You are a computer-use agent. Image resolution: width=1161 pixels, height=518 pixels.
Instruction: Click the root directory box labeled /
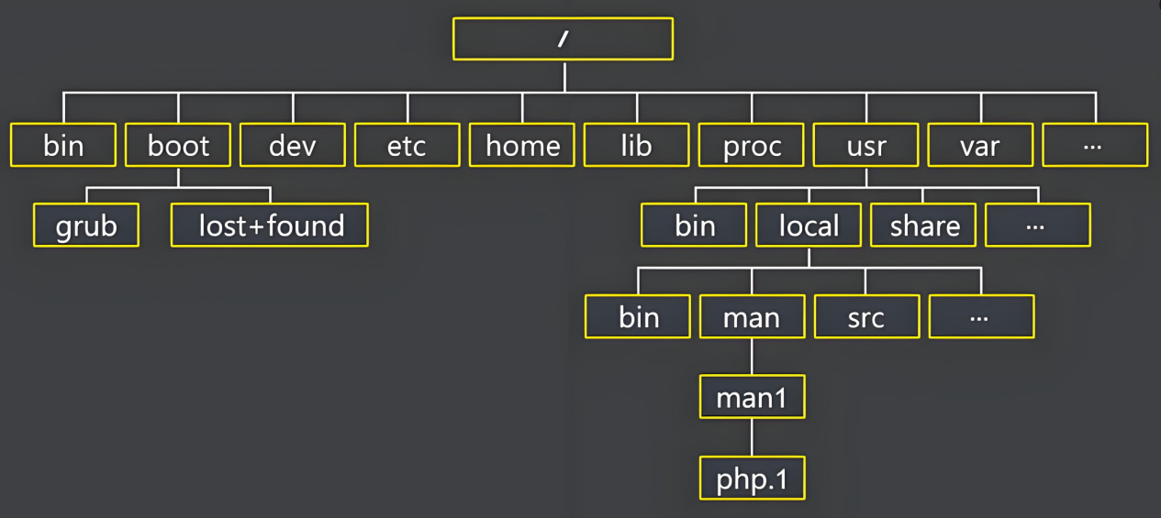(x=563, y=39)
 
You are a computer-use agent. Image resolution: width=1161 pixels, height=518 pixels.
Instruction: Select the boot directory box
(x=178, y=145)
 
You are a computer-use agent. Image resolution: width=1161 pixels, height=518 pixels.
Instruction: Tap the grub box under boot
(x=86, y=226)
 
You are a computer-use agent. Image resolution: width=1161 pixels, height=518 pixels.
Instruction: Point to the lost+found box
(x=270, y=226)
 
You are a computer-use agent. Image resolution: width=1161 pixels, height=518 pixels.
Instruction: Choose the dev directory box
(x=293, y=145)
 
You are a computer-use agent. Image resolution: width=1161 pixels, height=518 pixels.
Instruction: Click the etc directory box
(x=407, y=145)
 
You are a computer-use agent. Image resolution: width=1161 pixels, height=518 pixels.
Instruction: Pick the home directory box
(x=522, y=145)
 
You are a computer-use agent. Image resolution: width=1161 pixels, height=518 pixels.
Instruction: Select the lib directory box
(x=636, y=145)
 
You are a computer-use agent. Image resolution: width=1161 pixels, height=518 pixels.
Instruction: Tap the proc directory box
(x=751, y=145)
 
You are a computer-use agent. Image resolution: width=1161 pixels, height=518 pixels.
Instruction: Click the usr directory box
(x=865, y=145)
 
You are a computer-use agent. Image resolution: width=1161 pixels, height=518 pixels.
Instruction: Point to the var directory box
(x=980, y=145)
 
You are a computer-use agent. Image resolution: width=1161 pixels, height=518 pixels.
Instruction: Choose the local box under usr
(x=809, y=226)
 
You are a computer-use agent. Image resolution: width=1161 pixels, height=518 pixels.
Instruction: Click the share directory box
(x=923, y=226)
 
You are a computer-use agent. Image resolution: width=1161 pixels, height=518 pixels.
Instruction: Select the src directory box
(x=866, y=316)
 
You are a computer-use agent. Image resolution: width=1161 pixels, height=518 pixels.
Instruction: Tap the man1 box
(x=752, y=397)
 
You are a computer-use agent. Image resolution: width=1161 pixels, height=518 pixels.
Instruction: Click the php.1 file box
(x=752, y=478)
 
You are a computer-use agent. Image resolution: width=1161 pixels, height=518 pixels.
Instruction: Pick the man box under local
(x=752, y=316)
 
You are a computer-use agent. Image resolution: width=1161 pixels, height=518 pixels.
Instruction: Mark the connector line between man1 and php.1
(x=752, y=437)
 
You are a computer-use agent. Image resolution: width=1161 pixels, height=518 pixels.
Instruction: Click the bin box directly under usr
(x=694, y=226)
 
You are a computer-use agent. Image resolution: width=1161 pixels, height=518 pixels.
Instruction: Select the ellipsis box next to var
(x=1095, y=145)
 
